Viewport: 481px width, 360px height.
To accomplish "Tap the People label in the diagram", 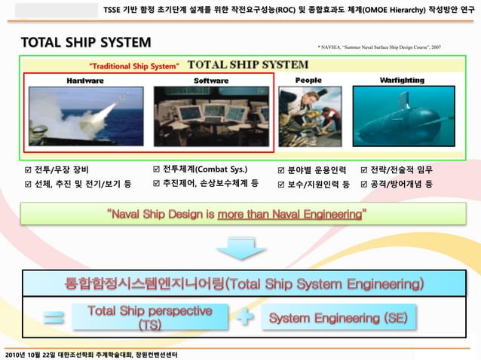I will point(308,79).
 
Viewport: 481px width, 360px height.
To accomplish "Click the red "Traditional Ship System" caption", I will point(133,66).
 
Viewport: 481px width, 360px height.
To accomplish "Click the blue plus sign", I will point(244,319).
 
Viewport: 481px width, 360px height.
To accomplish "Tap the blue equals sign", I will point(54,319).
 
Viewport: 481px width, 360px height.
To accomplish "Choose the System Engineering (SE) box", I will point(339,318).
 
